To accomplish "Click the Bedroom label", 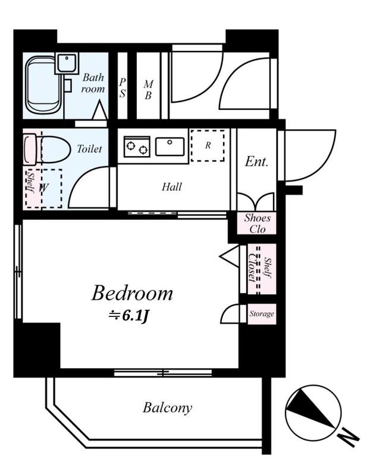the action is [132, 293].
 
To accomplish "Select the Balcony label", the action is [167, 408].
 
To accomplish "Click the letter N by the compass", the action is [348, 438].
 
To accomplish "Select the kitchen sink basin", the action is [170, 146].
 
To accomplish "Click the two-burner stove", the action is [137, 147].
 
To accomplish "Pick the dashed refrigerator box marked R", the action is [208, 145].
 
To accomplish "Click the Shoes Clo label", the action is [258, 223].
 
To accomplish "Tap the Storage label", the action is [262, 313].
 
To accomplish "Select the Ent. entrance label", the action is [256, 161].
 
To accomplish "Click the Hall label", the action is [172, 186].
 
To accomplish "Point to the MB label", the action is [148, 90].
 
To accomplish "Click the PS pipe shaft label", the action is [123, 88].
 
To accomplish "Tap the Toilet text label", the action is [89, 149].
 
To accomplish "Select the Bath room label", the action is [93, 83].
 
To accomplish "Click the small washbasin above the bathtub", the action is [67, 63].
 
